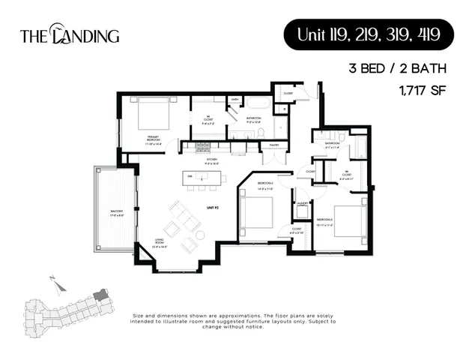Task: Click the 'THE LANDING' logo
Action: pyautogui.click(x=69, y=34)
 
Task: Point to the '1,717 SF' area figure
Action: pyautogui.click(x=422, y=91)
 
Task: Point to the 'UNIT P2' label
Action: pyautogui.click(x=214, y=206)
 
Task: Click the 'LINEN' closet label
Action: pyautogui.click(x=235, y=99)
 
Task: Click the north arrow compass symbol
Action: pyautogui.click(x=52, y=281)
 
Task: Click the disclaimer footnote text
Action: pyautogui.click(x=234, y=321)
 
